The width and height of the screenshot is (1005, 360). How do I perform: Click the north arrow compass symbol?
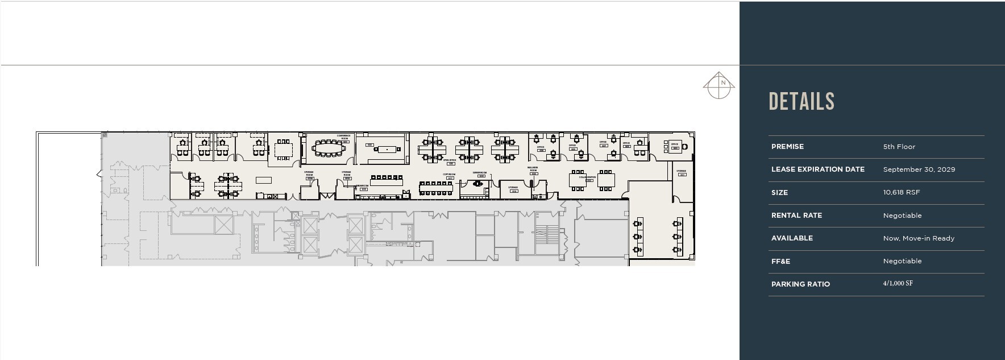(719, 86)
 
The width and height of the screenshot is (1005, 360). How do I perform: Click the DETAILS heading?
(801, 102)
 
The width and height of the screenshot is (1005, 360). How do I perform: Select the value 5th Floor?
(899, 147)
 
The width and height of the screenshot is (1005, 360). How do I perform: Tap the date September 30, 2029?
(919, 169)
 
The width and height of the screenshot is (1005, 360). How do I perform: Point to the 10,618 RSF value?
(901, 192)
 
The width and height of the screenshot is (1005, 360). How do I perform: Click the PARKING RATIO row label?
(800, 284)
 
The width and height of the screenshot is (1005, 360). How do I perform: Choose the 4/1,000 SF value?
(898, 283)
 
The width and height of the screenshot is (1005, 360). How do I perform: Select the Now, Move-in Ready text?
(918, 238)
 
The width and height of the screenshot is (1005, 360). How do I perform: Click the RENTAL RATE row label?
(796, 216)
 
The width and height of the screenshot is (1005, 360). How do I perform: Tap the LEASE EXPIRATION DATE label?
(817, 169)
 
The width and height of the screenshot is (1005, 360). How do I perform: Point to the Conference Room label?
(343, 137)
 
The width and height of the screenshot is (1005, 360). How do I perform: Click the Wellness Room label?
(533, 169)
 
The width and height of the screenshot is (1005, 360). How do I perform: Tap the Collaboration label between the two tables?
(587, 177)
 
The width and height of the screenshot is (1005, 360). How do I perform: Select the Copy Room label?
(449, 175)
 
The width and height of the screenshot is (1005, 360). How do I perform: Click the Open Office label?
(449, 160)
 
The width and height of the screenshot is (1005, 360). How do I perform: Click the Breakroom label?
(363, 186)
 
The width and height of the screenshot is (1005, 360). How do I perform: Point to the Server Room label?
(479, 172)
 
